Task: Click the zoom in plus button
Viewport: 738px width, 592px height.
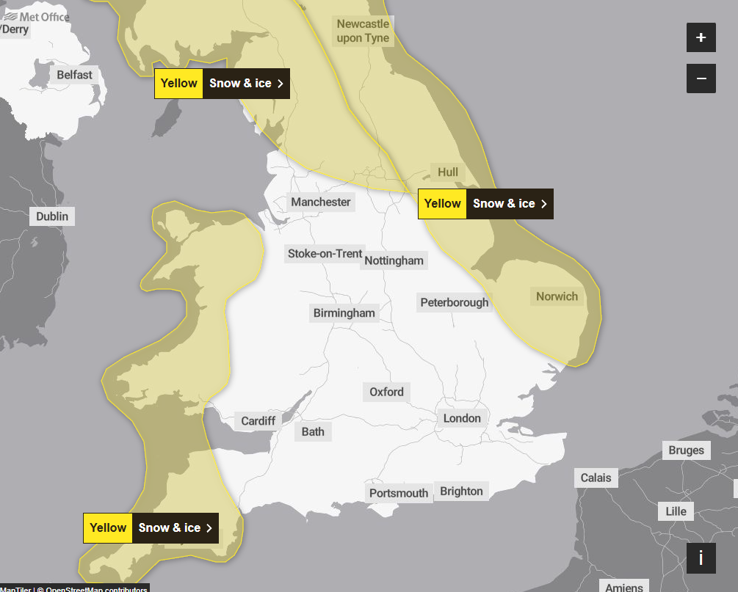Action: [x=701, y=37]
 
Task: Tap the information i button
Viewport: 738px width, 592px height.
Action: [x=701, y=558]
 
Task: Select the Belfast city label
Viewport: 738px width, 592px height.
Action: [x=75, y=75]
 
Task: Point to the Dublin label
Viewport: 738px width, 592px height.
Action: [x=52, y=216]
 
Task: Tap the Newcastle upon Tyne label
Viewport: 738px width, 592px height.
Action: [x=363, y=31]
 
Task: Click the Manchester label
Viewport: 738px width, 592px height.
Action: [x=321, y=202]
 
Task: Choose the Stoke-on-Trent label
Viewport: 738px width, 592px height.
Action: [x=325, y=254]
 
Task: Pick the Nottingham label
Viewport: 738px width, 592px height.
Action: [x=394, y=260]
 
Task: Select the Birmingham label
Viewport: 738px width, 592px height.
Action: [x=344, y=313]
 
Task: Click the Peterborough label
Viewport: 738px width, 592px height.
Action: [x=454, y=302]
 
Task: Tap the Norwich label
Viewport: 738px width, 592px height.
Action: [x=557, y=296]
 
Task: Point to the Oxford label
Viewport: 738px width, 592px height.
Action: [x=386, y=392]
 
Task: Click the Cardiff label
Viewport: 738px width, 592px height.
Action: [x=258, y=421]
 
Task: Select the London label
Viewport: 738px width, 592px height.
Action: [x=462, y=418]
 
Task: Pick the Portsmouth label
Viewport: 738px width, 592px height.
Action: [x=399, y=493]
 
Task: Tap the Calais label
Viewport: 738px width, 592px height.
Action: [x=596, y=478]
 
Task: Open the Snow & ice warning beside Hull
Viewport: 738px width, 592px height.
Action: [x=485, y=204]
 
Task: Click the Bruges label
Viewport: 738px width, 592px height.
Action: [x=686, y=450]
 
